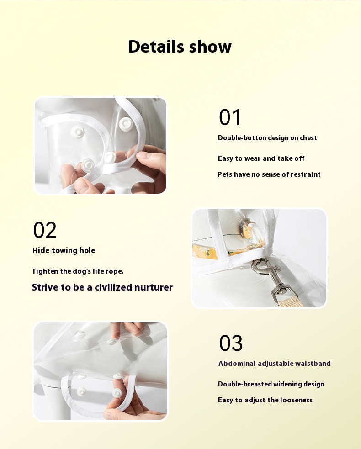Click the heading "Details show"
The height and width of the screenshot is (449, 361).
[x=180, y=47]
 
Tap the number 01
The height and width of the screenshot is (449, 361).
[x=230, y=117]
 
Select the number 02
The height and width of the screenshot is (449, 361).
[x=45, y=230]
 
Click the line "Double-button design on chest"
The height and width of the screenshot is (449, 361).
[x=267, y=138]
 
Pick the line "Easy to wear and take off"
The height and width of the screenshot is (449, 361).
[x=261, y=158]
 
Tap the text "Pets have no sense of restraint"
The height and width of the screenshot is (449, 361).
[x=269, y=174]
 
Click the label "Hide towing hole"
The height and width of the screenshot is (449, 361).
[x=64, y=251]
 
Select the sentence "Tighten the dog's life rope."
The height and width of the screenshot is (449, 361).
[x=78, y=271]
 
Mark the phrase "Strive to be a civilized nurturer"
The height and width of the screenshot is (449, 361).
[x=102, y=287]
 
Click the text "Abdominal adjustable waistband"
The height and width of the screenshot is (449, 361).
[x=275, y=364]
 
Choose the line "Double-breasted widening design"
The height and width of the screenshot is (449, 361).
[x=271, y=384]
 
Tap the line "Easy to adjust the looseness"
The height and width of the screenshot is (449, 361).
[x=265, y=400]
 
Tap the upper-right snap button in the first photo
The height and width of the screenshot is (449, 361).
[x=126, y=124]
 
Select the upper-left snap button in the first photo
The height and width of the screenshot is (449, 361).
[x=77, y=132]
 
